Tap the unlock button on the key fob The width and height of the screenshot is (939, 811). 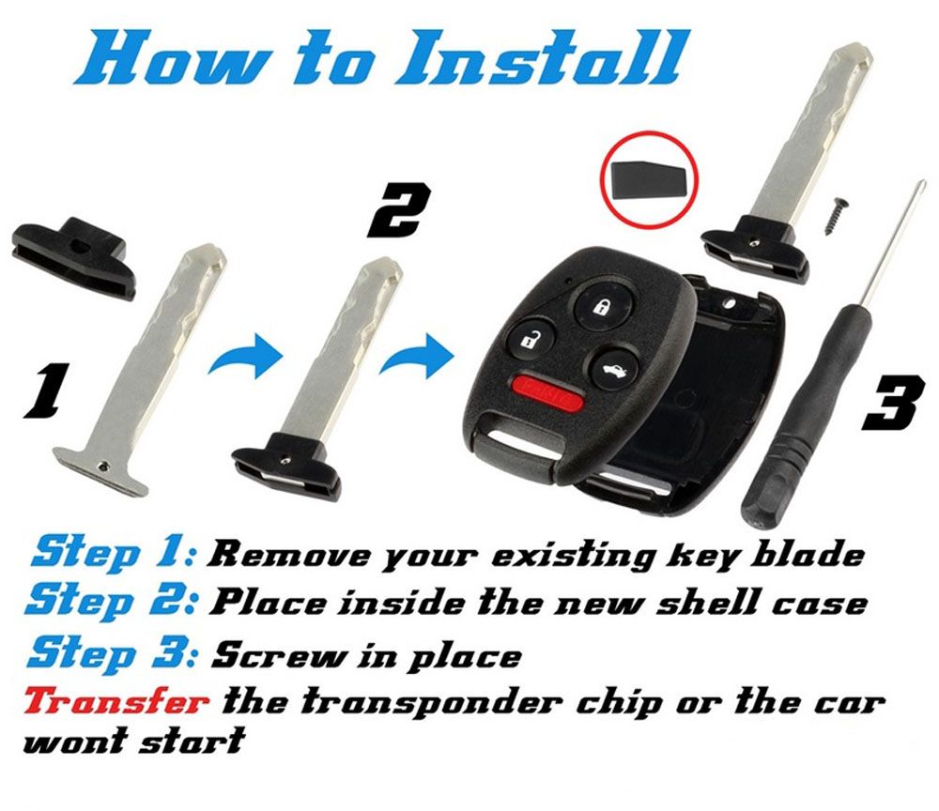527,338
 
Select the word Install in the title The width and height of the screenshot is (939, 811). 539,59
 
